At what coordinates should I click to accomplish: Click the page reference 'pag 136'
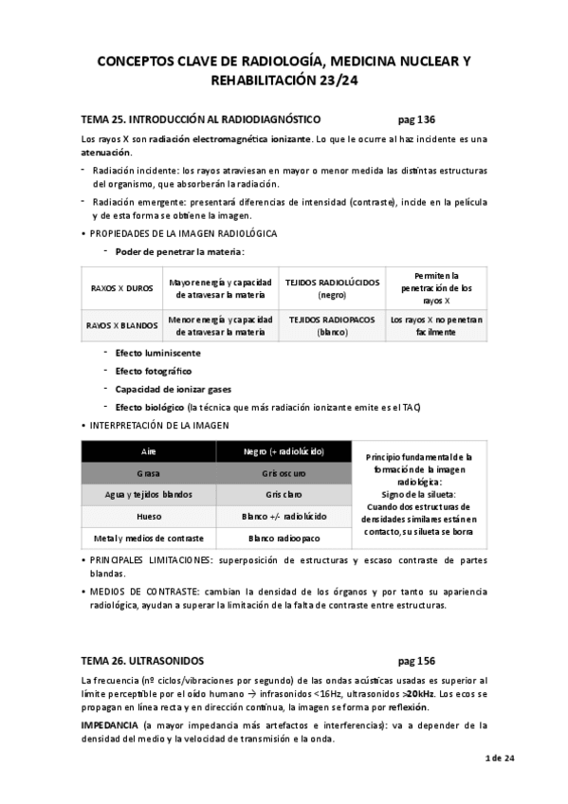click(416, 120)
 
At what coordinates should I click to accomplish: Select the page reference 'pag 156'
click(416, 660)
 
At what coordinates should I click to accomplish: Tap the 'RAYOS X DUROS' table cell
click(121, 288)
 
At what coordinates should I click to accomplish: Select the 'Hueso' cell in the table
click(148, 516)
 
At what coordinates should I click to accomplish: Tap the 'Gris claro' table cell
click(282, 495)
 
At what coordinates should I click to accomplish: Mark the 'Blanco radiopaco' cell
click(282, 538)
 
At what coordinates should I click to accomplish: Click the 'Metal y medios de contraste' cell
click(148, 538)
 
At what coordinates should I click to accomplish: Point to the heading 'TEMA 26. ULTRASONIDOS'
click(142, 660)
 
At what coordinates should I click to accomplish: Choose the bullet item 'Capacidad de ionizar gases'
click(173, 389)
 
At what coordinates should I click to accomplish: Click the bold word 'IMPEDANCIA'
click(109, 725)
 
